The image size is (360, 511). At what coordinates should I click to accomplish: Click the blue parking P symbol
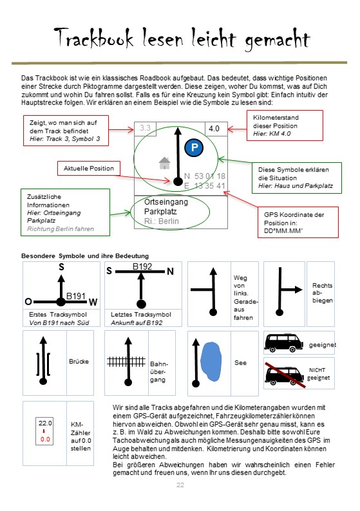(x=194, y=147)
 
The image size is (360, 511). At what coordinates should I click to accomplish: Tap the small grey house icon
(x=165, y=163)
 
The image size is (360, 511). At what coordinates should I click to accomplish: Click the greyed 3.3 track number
(x=145, y=127)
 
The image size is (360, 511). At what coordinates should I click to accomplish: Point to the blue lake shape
(x=211, y=362)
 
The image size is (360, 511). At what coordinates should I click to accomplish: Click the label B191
(x=76, y=296)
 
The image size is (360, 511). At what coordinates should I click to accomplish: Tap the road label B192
(x=142, y=266)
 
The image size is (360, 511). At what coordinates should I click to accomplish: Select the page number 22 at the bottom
(x=180, y=485)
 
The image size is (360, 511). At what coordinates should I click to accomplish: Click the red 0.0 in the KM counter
(x=45, y=440)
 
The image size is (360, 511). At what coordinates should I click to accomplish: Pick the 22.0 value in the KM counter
(x=45, y=423)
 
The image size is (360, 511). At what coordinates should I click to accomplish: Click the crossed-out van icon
(x=285, y=375)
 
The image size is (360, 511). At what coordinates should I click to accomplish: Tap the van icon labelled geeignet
(x=283, y=342)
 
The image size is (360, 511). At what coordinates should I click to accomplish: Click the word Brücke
(x=79, y=362)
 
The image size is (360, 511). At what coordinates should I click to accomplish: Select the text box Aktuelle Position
(x=89, y=169)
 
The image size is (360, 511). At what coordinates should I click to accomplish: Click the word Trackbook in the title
(x=94, y=37)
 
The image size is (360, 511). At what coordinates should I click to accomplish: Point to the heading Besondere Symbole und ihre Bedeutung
(x=85, y=256)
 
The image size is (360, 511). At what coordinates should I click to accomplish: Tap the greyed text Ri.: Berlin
(x=162, y=221)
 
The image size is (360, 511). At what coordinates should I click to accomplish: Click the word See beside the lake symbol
(x=240, y=363)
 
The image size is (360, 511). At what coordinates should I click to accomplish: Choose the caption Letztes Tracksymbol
(x=141, y=315)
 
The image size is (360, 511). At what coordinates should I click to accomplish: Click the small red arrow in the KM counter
(x=44, y=431)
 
